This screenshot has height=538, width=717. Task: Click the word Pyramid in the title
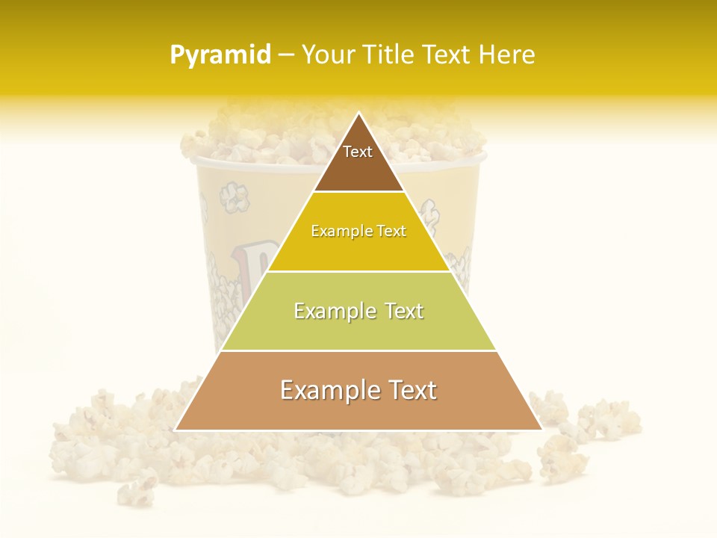click(220, 55)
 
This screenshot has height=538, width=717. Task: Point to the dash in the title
click(286, 55)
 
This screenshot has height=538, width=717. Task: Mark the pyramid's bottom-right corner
click(541, 430)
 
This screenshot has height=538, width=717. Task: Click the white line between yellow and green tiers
click(358, 271)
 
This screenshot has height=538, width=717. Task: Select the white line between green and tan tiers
click(358, 350)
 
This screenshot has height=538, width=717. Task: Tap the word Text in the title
click(447, 55)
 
